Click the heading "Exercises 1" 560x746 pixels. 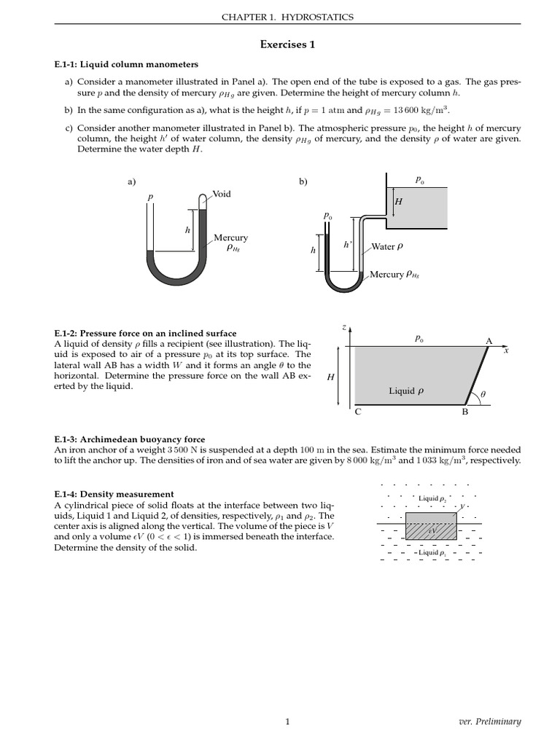(287, 44)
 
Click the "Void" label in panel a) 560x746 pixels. (222, 195)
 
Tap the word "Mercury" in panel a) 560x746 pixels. (230, 238)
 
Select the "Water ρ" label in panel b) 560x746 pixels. (387, 247)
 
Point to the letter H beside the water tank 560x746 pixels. (398, 202)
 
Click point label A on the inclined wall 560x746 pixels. (489, 340)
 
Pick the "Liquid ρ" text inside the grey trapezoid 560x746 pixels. (406, 391)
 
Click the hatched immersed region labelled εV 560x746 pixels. (432, 531)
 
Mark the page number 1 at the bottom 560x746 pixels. (287, 722)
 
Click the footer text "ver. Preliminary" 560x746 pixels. (487, 722)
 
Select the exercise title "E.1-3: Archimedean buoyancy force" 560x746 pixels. (130, 439)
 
